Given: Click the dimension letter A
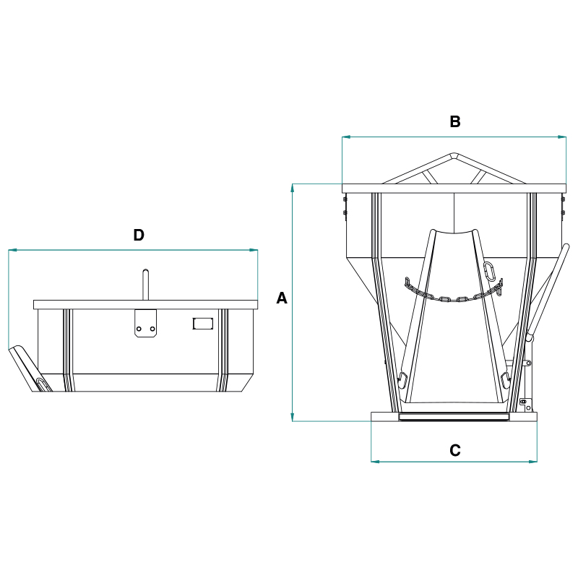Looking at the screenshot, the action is pos(282,298).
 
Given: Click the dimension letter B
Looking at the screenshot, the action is pos(455,121).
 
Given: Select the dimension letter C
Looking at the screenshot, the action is pos(455,450).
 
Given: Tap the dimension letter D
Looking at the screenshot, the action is pos(139,235).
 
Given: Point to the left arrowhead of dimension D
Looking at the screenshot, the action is pos(12,250).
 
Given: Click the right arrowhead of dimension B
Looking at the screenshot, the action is pos(562,137).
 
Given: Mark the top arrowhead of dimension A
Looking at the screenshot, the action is pos(293,188).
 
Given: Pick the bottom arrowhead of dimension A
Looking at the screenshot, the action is pos(293,417).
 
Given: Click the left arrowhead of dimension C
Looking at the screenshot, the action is pos(375,462).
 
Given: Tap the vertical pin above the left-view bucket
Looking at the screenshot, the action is pos(146,285).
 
